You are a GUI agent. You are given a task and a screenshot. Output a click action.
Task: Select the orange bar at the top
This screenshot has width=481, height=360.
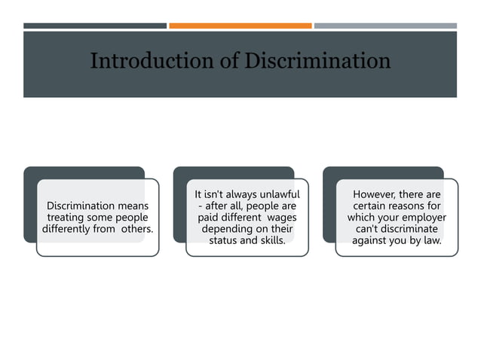(x=240, y=26)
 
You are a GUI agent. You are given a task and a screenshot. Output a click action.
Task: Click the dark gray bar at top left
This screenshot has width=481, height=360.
(x=95, y=26)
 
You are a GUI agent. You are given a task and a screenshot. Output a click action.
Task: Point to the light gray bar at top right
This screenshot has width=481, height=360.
(x=385, y=26)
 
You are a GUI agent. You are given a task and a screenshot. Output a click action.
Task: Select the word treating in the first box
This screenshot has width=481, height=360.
(x=69, y=217)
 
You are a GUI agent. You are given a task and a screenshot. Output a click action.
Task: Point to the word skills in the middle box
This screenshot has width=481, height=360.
(x=271, y=240)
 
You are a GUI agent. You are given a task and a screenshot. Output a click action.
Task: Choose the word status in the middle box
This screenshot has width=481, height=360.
(x=224, y=240)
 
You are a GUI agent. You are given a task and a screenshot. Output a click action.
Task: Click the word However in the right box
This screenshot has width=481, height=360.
(x=378, y=194)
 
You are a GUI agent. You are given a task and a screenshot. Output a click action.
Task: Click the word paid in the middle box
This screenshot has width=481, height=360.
(x=209, y=217)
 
